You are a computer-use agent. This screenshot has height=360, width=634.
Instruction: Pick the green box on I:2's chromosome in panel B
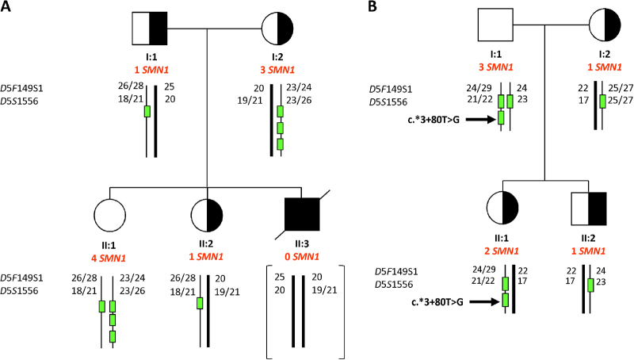603,101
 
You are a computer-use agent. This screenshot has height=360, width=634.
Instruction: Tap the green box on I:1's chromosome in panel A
147,111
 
